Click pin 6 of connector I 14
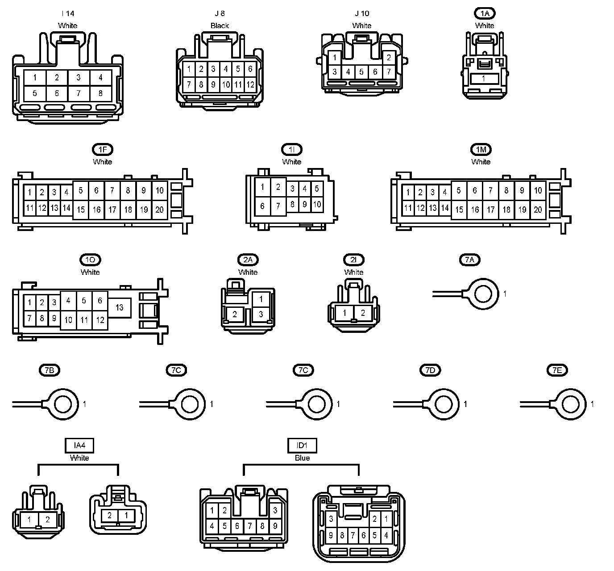point(57,93)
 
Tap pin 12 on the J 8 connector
point(250,84)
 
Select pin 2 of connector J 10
point(389,58)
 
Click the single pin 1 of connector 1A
point(483,79)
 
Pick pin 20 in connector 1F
point(159,210)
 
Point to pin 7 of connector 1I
point(278,206)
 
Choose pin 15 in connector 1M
point(459,210)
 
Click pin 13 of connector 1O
point(119,307)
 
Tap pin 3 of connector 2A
point(261,314)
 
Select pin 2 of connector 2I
point(363,313)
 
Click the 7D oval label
point(430,370)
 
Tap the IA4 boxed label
point(79,445)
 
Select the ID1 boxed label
point(302,445)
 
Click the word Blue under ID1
point(302,458)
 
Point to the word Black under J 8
point(220,25)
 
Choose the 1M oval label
point(481,149)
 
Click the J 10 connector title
point(361,13)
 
